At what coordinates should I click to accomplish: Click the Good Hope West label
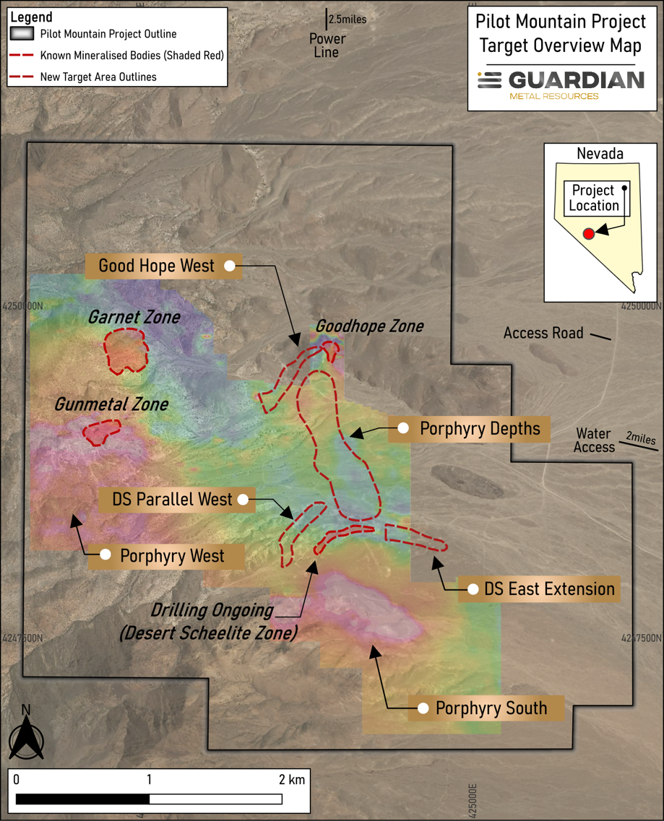pyautogui.click(x=157, y=266)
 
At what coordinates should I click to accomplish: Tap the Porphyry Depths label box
pyautogui.click(x=480, y=429)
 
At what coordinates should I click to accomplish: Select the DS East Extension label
pyautogui.click(x=550, y=589)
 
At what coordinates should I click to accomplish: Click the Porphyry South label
pyautogui.click(x=491, y=708)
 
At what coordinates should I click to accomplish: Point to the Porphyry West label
pyautogui.click(x=172, y=556)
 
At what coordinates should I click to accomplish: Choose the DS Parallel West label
pyautogui.click(x=173, y=499)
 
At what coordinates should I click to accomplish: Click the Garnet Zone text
pyautogui.click(x=134, y=317)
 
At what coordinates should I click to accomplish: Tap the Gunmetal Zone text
pyautogui.click(x=111, y=404)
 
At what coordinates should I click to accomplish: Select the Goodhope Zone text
pyautogui.click(x=369, y=326)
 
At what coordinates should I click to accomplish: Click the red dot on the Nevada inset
pyautogui.click(x=588, y=233)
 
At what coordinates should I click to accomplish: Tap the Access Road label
pyautogui.click(x=543, y=333)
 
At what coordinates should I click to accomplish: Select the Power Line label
pyautogui.click(x=327, y=45)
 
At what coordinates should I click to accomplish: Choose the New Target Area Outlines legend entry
pyautogui.click(x=98, y=77)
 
